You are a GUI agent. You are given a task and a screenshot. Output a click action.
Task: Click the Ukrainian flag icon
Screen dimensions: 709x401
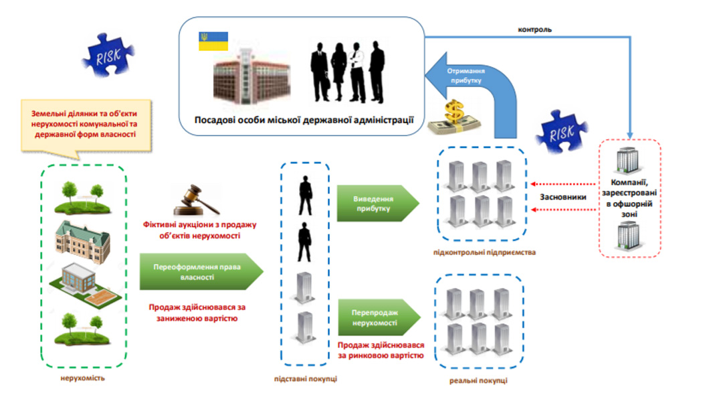(213, 42)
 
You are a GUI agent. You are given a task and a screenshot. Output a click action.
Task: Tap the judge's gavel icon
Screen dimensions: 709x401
(197, 200)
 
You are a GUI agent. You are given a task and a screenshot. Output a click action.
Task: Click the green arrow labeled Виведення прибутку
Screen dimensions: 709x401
(378, 204)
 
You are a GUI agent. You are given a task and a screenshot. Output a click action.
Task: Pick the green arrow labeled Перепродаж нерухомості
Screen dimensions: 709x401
(379, 317)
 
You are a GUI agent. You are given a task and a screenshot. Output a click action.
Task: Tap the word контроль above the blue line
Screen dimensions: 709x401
(534, 30)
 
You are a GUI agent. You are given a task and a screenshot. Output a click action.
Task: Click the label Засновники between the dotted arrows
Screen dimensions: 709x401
(563, 197)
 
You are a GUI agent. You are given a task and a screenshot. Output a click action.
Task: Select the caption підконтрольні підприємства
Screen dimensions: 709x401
(484, 252)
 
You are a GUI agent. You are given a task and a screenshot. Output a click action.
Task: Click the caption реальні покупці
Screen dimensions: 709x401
(478, 381)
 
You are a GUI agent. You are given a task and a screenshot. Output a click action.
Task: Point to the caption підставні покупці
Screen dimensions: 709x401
(305, 379)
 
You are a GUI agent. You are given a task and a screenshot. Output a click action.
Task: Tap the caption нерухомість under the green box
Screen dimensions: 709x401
(83, 378)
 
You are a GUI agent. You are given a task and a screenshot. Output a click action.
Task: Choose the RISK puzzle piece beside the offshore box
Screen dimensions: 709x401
(562, 132)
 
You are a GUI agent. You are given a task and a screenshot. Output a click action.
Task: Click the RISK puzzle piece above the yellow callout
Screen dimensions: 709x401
(108, 55)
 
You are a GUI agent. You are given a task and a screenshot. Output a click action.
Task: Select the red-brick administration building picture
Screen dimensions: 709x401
(251, 76)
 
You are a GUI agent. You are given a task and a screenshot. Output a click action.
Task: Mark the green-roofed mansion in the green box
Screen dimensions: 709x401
(82, 240)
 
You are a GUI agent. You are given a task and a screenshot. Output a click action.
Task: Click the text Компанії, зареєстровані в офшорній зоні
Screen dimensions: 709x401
(629, 198)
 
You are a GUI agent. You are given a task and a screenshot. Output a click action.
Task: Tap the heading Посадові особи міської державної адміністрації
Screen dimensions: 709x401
(304, 120)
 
